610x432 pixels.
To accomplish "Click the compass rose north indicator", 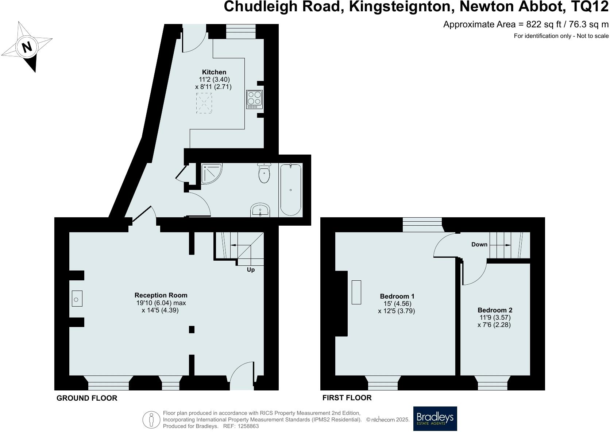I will pyautogui.click(x=27, y=47).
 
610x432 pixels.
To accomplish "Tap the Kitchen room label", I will pyautogui.click(x=215, y=72).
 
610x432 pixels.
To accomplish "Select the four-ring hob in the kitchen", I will pyautogui.click(x=254, y=99).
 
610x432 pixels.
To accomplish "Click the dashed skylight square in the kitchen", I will pyautogui.click(x=204, y=103).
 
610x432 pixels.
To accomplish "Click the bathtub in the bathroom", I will pyautogui.click(x=290, y=190).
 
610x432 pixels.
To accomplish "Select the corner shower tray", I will pyautogui.click(x=211, y=173).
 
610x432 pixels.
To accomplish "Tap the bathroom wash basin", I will pyautogui.click(x=260, y=210).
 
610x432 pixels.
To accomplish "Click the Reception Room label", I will pyautogui.click(x=161, y=295).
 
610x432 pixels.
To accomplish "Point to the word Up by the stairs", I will pyautogui.click(x=251, y=270).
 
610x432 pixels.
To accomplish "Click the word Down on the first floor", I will pyautogui.click(x=479, y=245).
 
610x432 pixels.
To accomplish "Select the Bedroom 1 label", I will pyautogui.click(x=397, y=296).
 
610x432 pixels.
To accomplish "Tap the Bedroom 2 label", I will pyautogui.click(x=495, y=310).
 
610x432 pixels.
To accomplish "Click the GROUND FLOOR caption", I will pyautogui.click(x=87, y=398).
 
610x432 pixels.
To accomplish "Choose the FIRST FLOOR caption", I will pyautogui.click(x=347, y=398).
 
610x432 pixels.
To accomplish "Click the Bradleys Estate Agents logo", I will pyautogui.click(x=435, y=419).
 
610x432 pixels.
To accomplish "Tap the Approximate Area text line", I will pyautogui.click(x=526, y=24).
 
